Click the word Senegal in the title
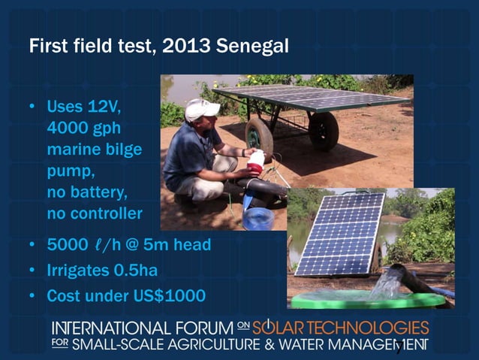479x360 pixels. pos(251,46)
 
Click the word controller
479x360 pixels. pos(105,213)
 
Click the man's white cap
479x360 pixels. pos(200,109)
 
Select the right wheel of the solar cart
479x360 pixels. pos(324,131)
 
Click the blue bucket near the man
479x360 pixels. pos(258,219)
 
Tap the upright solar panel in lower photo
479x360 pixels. pos(341,234)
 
